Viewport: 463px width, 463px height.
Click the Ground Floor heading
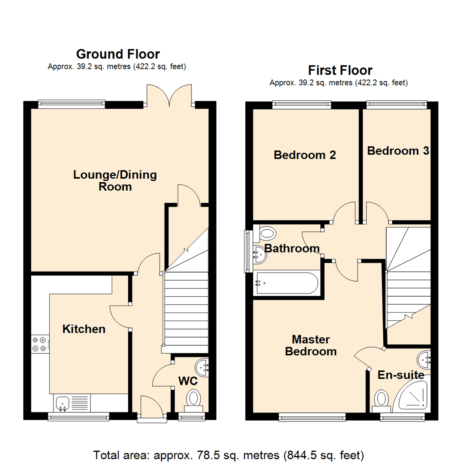click(x=118, y=54)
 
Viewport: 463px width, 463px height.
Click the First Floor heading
click(x=340, y=70)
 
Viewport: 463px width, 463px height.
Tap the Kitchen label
click(x=84, y=329)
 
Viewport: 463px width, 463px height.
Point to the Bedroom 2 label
click(x=305, y=155)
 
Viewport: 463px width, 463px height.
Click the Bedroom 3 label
click(x=398, y=151)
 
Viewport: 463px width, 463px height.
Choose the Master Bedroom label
click(x=311, y=346)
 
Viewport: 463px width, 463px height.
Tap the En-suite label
click(x=401, y=376)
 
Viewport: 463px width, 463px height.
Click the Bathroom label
click(x=292, y=248)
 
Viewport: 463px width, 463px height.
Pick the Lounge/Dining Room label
click(x=115, y=180)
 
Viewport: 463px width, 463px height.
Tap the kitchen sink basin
click(x=63, y=403)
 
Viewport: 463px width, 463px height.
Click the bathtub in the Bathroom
click(x=286, y=283)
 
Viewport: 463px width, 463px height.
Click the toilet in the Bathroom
click(x=266, y=234)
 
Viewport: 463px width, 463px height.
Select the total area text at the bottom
click(x=229, y=454)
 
